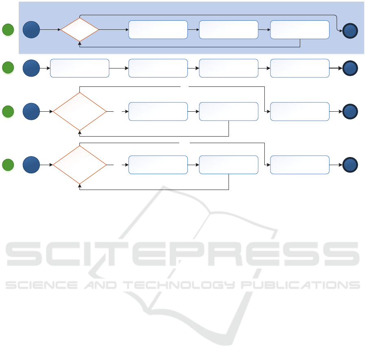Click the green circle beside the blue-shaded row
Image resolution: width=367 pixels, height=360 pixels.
click(x=8, y=30)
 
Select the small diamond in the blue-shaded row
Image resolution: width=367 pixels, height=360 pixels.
click(x=80, y=30)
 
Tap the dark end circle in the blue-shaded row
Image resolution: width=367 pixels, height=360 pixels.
click(x=350, y=31)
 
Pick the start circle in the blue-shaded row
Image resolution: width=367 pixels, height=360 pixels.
click(x=31, y=30)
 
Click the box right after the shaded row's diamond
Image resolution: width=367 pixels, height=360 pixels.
click(x=158, y=30)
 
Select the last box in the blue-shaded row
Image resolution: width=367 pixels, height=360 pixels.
click(x=300, y=30)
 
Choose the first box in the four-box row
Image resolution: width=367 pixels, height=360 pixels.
click(x=79, y=68)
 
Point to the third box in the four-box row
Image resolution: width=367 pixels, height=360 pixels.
click(x=229, y=68)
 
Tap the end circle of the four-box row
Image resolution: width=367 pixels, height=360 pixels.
click(x=350, y=68)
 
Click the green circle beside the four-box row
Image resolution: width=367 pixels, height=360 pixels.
click(x=8, y=68)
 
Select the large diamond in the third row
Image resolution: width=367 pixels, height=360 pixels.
click(x=80, y=111)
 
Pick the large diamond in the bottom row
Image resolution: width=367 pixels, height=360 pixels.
click(x=80, y=165)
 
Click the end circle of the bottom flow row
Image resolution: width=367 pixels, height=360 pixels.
click(x=350, y=165)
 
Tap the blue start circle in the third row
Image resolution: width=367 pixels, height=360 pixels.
click(x=31, y=111)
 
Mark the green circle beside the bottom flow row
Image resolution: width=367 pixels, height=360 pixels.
click(x=8, y=165)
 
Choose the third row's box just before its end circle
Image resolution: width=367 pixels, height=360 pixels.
click(x=300, y=111)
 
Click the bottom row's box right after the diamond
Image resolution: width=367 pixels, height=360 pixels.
click(x=158, y=165)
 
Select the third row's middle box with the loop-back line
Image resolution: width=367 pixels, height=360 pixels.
click(x=229, y=111)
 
